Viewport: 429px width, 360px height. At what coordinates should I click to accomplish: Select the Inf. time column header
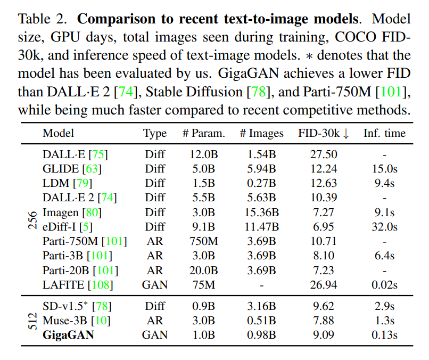[x=384, y=133]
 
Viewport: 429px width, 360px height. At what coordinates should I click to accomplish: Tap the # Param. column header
[x=203, y=133]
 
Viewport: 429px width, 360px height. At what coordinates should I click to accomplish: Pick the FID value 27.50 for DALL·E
[x=324, y=155]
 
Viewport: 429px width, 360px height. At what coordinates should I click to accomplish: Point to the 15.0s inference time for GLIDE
[x=384, y=169]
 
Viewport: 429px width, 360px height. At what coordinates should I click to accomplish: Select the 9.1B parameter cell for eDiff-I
[x=203, y=227]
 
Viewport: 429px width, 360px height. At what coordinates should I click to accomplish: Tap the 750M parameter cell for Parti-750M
[x=203, y=241]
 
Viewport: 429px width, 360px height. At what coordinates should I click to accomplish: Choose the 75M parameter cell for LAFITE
[x=203, y=285]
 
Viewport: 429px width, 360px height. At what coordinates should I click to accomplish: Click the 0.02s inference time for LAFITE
[x=384, y=285]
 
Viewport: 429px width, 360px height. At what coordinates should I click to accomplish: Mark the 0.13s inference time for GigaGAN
[x=384, y=334]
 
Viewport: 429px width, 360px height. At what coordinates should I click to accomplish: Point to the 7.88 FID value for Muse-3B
[x=324, y=320]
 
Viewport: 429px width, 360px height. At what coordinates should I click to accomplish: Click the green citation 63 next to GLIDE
[x=91, y=169]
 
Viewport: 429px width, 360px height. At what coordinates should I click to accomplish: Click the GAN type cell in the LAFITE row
[x=155, y=285]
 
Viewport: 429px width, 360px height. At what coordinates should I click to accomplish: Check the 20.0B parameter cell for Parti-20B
[x=203, y=271]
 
